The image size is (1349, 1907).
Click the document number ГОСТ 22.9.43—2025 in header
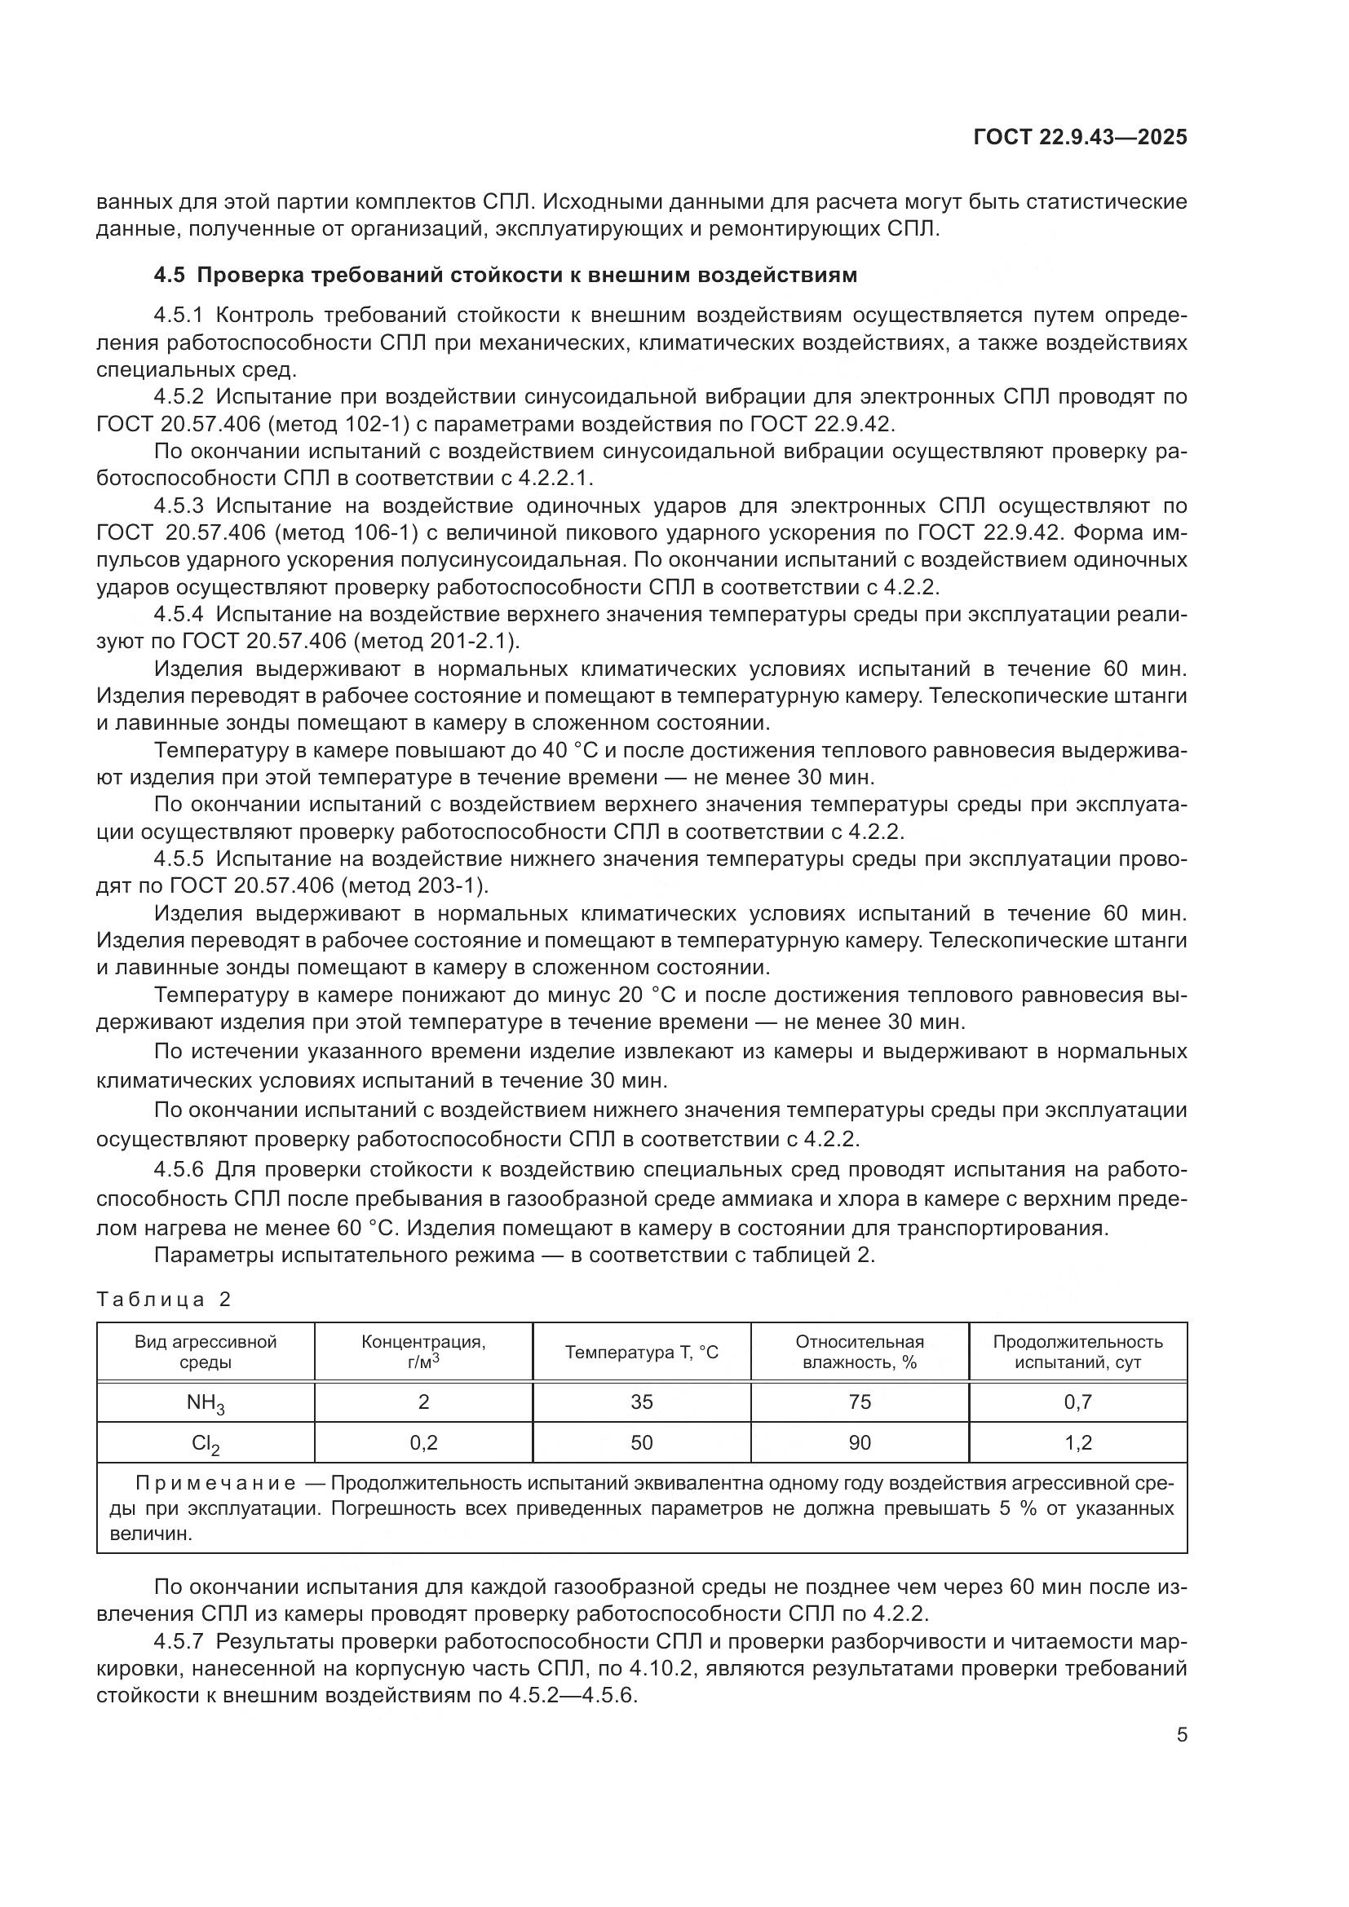coord(1080,138)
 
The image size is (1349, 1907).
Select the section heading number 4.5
coord(170,275)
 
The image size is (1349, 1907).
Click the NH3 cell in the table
coord(206,1404)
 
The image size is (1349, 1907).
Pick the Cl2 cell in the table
coord(206,1444)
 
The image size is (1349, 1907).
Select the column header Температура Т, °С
coord(641,1352)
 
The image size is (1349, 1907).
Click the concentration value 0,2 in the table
coord(423,1443)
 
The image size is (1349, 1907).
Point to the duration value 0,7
coord(1077,1402)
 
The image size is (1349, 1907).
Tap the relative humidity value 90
coord(860,1443)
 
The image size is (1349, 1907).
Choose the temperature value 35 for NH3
coord(641,1402)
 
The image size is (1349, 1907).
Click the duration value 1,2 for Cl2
coord(1077,1443)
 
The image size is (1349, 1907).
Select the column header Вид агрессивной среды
coord(206,1352)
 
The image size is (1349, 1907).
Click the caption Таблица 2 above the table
coord(164,1300)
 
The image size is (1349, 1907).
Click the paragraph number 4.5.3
coord(179,505)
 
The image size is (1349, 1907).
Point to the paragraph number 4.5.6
coord(179,1170)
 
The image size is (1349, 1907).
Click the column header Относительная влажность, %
coord(860,1352)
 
